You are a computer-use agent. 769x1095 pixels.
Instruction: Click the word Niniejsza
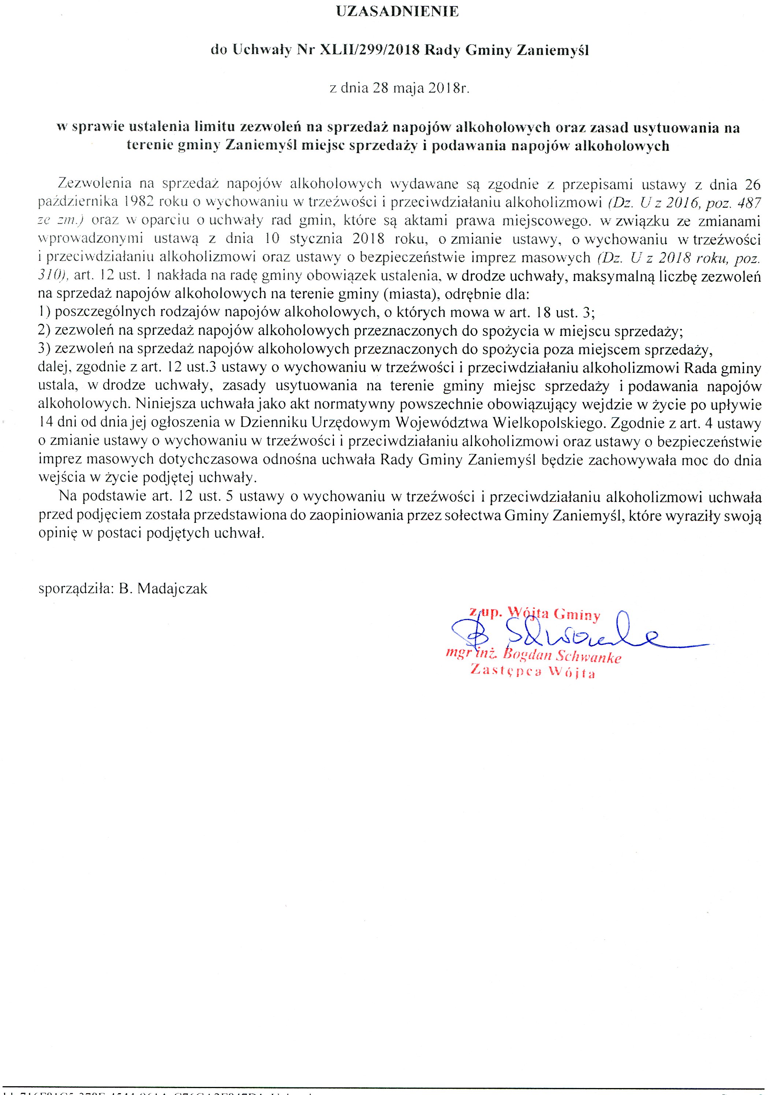point(165,404)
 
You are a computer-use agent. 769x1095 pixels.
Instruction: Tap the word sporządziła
point(75,589)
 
